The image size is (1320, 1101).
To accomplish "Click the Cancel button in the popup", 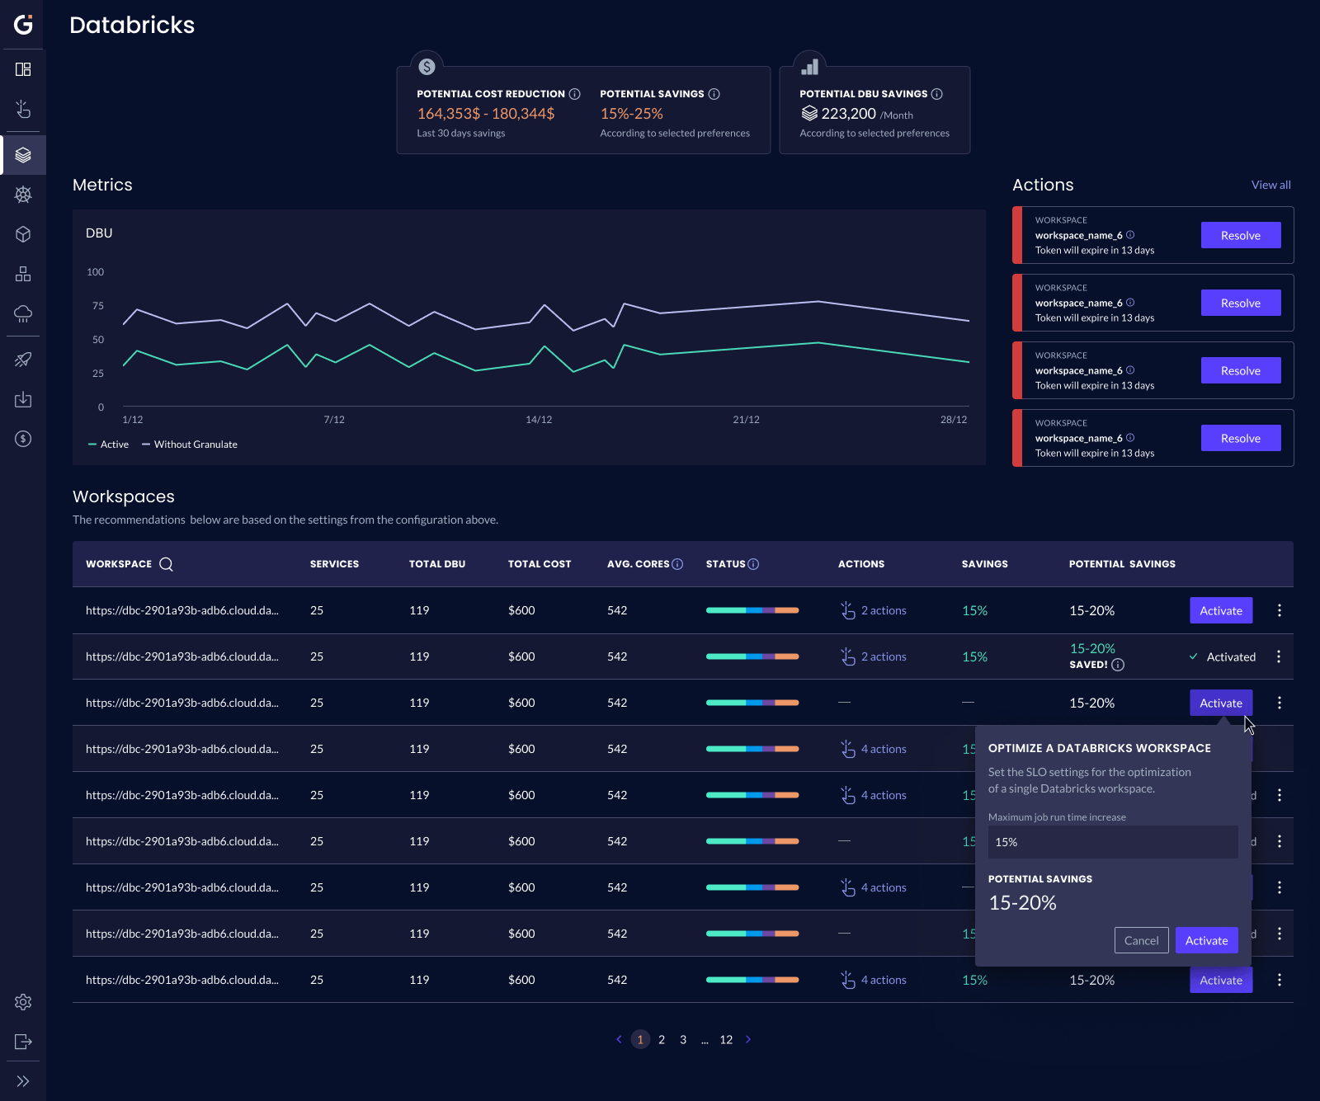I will coord(1141,940).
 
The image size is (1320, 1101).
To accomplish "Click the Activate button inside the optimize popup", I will coord(1206,940).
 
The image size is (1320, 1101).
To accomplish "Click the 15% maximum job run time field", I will coord(1112,842).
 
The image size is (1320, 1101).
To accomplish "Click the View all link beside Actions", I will coord(1270,185).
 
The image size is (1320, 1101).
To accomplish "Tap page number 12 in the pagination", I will coord(726,1039).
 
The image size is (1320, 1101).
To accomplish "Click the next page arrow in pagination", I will coord(748,1039).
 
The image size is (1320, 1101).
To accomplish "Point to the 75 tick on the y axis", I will coord(98,306).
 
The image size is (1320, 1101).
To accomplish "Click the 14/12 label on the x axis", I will coord(539,420).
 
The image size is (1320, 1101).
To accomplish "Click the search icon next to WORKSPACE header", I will coord(166,564).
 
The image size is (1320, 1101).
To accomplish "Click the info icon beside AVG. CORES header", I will coord(677,564).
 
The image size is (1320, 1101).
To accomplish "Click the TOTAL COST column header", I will coord(540,564).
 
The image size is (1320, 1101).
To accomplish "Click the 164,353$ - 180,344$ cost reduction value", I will coord(485,114).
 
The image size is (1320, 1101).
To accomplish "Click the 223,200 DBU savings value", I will coord(848,114).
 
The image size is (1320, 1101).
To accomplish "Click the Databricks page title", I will coord(132,25).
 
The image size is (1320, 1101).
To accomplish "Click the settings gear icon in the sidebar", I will coord(23,1002).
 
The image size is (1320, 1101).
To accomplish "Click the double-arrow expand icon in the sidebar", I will coord(23,1081).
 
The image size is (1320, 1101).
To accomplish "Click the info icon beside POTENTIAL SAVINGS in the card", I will coord(714,94).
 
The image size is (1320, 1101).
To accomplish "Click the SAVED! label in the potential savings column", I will coord(1088,665).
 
